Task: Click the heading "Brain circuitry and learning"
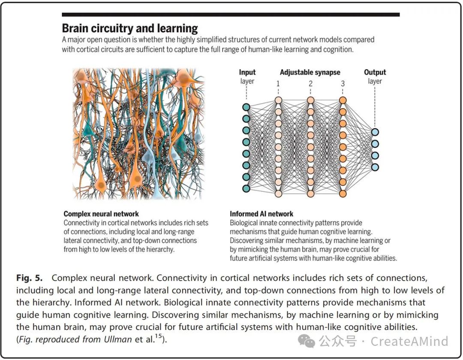[130, 29]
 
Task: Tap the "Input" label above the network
[247, 73]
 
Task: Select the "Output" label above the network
[375, 73]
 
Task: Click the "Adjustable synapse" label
[310, 73]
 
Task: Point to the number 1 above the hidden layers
[278, 83]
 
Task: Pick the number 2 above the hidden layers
[310, 83]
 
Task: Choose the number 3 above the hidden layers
[343, 83]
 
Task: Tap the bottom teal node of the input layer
[246, 188]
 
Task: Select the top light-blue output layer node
[375, 132]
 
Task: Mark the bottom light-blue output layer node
[375, 167]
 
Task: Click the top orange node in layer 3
[343, 100]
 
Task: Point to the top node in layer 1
[278, 100]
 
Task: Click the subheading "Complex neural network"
[101, 214]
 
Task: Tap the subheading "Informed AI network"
[262, 214]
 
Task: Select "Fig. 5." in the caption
[30, 278]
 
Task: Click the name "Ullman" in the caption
[117, 339]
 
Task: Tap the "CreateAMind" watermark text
[409, 342]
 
